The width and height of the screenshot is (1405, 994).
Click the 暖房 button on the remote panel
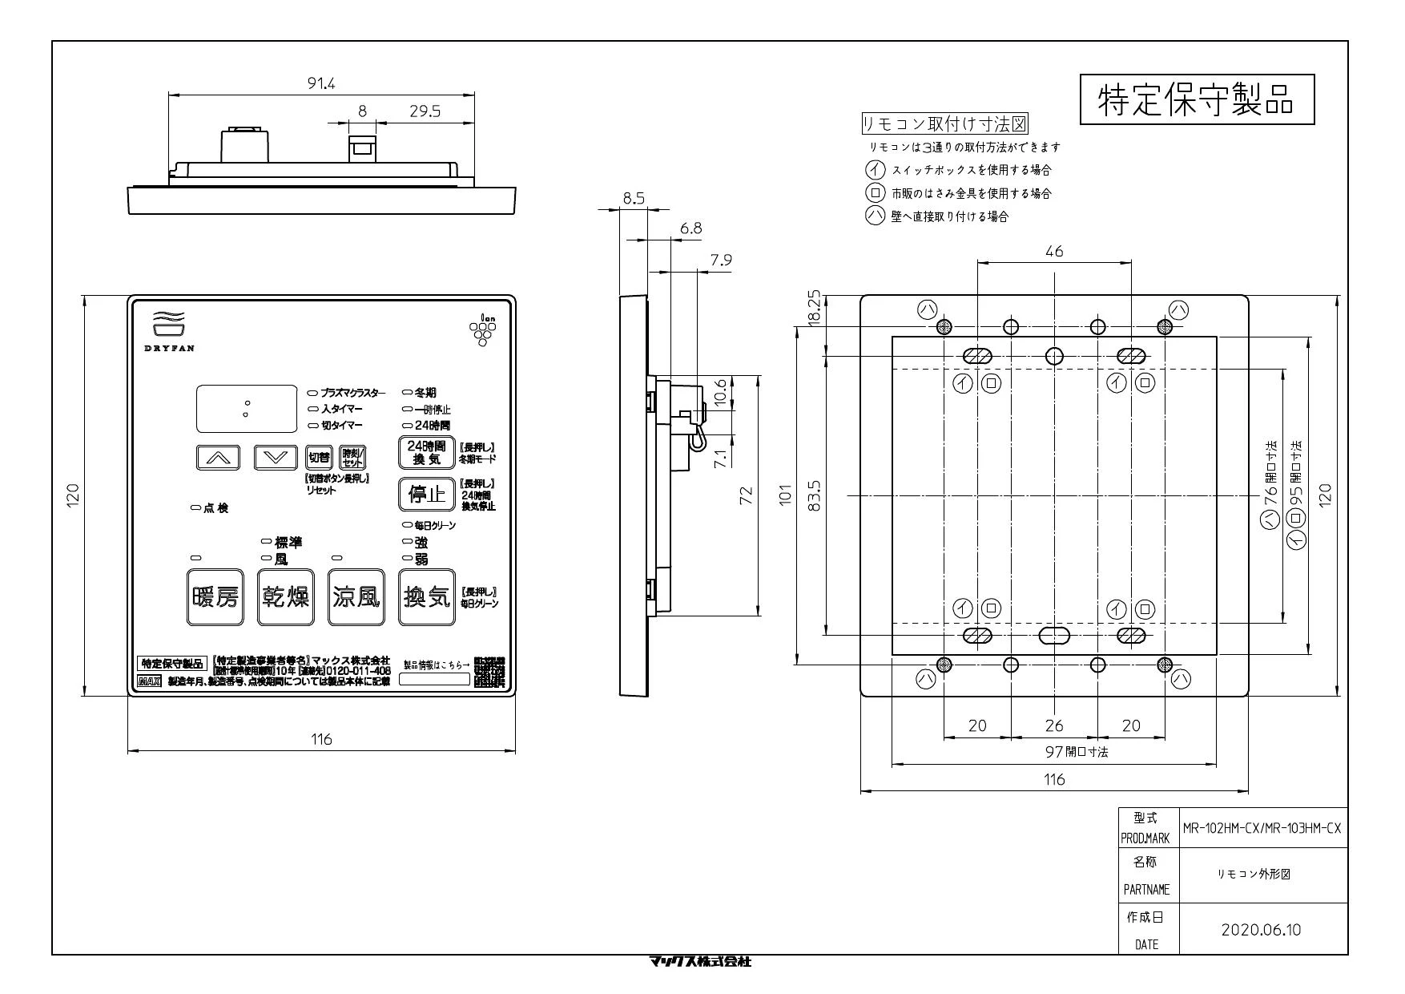click(215, 597)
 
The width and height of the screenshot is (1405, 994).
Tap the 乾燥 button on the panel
click(286, 597)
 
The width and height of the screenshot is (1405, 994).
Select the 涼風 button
click(356, 597)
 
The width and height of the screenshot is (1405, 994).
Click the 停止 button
click(427, 494)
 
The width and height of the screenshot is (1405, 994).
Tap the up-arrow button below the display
click(218, 457)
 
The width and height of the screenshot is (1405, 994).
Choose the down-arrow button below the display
click(276, 457)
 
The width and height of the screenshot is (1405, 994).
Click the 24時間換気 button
click(427, 453)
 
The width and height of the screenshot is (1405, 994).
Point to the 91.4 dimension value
click(321, 83)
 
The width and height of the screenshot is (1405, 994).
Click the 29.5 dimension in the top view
click(425, 111)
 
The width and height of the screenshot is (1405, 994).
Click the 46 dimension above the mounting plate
click(1054, 252)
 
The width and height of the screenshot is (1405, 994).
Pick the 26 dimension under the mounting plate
click(1054, 725)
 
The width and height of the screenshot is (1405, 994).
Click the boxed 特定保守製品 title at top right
click(1197, 99)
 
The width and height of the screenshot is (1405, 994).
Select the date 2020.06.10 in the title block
click(1261, 930)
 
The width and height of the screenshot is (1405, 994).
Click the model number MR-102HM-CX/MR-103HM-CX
click(1261, 829)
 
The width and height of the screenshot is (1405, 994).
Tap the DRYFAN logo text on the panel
click(169, 348)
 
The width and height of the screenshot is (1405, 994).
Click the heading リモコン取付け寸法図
click(944, 124)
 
